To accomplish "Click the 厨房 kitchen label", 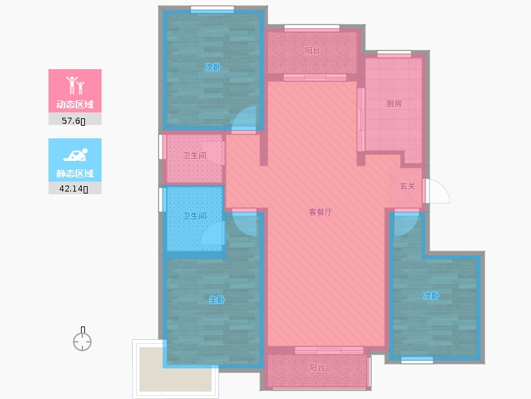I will coord(394,104).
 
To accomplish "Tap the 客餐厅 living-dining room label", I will coord(320,212).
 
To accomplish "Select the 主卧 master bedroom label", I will coord(217,300).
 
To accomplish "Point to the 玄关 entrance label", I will coord(408,186).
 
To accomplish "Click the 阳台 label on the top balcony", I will coord(312,50).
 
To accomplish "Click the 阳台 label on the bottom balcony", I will coord(317,367).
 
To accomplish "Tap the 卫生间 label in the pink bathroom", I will coord(194,156).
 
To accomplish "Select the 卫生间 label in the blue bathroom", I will coord(194,215).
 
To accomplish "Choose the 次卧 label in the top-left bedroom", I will coord(212,67).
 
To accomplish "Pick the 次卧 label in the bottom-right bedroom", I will coord(431,296).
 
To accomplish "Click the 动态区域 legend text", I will coord(75,104).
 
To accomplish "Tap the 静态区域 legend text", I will coord(75,174).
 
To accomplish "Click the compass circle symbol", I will coord(82,342).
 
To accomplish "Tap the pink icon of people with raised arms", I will coord(75,84).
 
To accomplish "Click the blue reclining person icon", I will coord(75,154).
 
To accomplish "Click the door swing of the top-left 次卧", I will coord(245,120).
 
